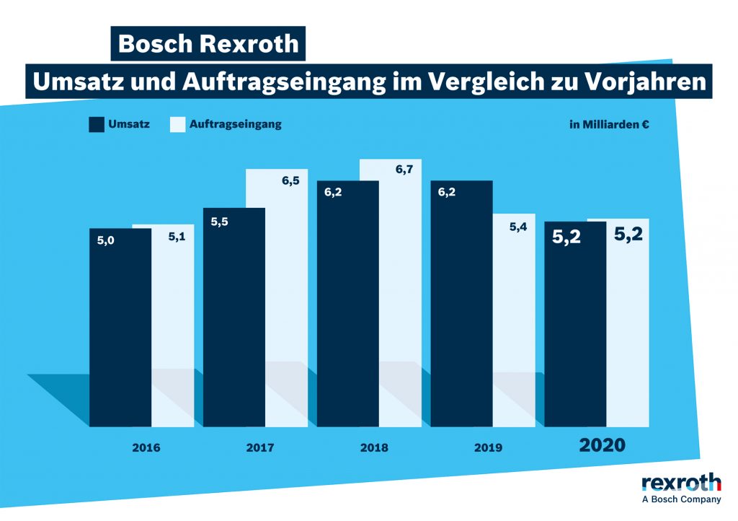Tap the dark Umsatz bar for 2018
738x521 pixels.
(x=347, y=303)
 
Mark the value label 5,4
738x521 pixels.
(x=518, y=227)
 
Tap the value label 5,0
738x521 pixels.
(x=106, y=240)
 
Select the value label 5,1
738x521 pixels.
(x=177, y=235)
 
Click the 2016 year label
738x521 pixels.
(x=146, y=447)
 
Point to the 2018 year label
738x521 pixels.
(x=374, y=447)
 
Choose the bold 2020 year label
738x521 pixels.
(x=603, y=445)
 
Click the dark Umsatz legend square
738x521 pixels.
(x=97, y=124)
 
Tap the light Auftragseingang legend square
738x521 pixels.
(x=177, y=124)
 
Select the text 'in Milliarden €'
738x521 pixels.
(x=609, y=125)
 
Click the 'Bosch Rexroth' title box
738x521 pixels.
(x=208, y=43)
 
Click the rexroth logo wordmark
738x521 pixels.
(x=681, y=481)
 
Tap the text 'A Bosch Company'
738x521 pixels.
(x=681, y=499)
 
